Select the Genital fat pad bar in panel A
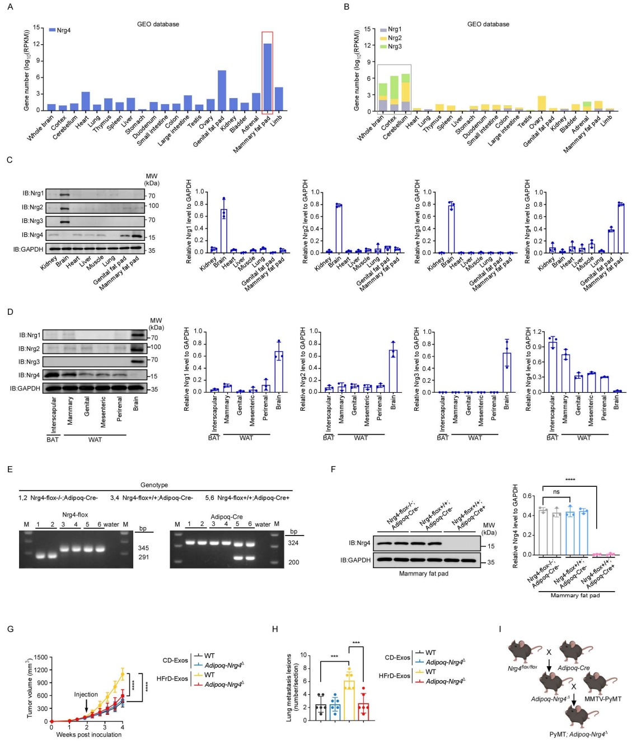tap(222, 90)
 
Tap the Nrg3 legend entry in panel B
tap(395, 46)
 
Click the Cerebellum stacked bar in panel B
tap(405, 92)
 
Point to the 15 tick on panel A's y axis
tap(36, 27)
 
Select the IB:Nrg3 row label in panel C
tap(32, 221)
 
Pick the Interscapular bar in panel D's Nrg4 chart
tap(553, 367)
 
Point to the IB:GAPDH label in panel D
tap(25, 388)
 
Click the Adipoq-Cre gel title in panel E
tap(227, 516)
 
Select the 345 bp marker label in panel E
tap(143, 547)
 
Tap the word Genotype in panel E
tap(154, 485)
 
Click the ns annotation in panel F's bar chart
tap(556, 492)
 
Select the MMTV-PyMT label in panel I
tap(602, 699)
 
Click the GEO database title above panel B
tap(488, 24)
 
